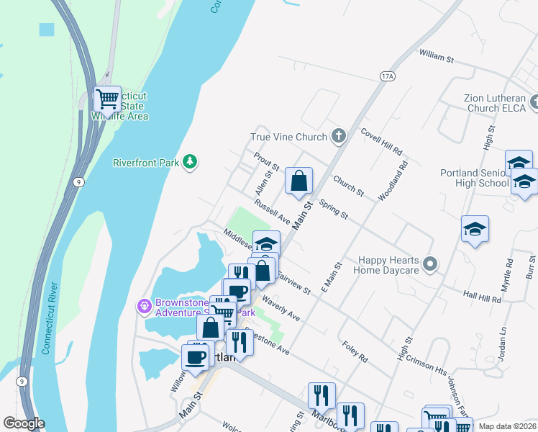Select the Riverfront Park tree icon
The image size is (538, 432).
(x=190, y=163)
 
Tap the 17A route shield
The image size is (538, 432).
(x=388, y=76)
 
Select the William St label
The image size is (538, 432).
(x=437, y=55)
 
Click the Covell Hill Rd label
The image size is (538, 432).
(x=381, y=142)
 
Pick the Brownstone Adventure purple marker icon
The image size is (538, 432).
(x=144, y=307)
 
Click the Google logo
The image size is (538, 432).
(x=24, y=423)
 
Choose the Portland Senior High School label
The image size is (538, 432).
(x=474, y=178)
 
